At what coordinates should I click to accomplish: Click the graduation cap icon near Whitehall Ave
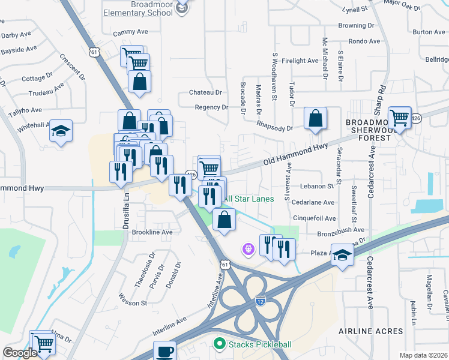(61, 131)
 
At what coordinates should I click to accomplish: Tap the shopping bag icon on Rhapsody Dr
(315, 119)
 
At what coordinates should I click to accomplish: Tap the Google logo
(20, 353)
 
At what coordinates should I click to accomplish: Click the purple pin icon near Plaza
(247, 247)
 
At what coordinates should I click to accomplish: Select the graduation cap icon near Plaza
(342, 256)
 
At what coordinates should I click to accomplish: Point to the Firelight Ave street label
(300, 61)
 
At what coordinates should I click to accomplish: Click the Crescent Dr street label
(72, 66)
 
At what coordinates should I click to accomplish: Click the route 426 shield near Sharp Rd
(416, 119)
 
